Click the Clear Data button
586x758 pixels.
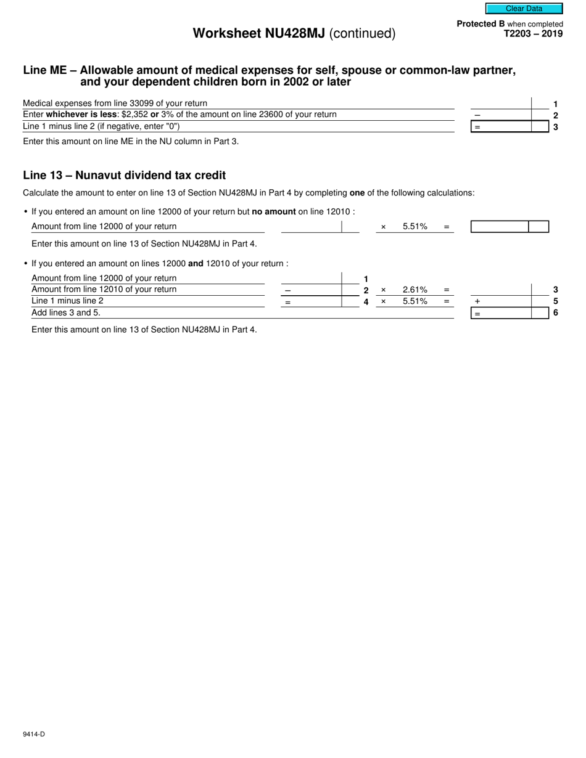coord(524,9)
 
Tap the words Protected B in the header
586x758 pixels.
coord(480,24)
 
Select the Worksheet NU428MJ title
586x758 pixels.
coord(294,34)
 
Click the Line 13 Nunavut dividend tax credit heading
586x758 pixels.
coord(124,175)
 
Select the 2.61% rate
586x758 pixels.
coord(415,290)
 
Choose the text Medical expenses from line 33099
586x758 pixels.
coord(115,104)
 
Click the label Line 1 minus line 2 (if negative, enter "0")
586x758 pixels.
coord(101,126)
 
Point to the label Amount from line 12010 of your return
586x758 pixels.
coord(104,290)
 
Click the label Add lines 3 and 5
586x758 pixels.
coord(65,313)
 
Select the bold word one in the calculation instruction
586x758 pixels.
coord(357,193)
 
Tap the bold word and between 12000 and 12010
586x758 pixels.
coord(196,264)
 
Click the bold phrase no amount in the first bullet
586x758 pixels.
coord(274,212)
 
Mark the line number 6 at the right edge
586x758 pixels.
coord(555,313)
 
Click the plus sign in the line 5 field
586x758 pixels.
coord(477,301)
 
